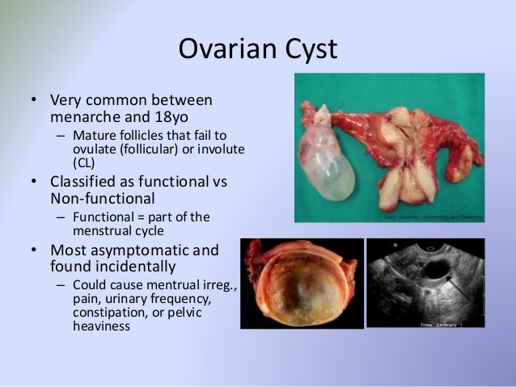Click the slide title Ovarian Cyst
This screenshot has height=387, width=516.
click(257, 49)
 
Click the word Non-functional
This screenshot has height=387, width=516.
click(104, 197)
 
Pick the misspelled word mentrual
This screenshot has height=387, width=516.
click(169, 286)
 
